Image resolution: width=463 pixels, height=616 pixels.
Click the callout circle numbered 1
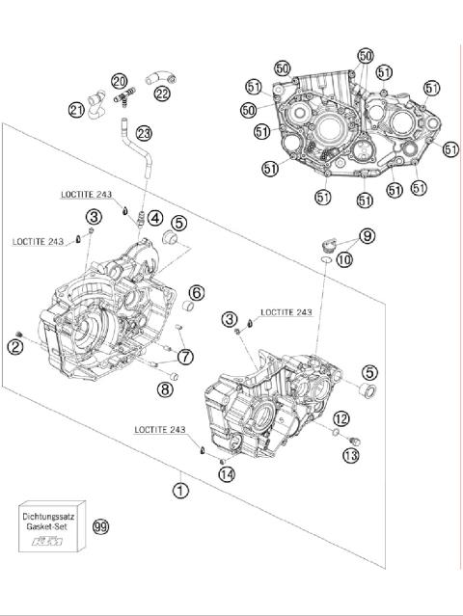pos(180,490)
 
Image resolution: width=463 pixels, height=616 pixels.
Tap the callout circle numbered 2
pos(16,346)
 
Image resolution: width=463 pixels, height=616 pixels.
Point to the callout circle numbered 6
pos(196,292)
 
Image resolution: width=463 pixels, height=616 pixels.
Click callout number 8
pos(165,389)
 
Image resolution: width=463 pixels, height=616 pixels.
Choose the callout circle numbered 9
pos(368,235)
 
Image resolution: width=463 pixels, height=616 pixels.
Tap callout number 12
pos(341,417)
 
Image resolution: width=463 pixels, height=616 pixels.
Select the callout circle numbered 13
pos(351,454)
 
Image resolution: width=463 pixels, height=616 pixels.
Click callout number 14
pos(226,473)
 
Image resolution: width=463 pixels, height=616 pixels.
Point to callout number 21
pos(77,111)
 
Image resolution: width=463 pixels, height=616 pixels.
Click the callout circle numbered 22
pos(161,94)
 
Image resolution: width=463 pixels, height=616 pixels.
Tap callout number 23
pos(144,133)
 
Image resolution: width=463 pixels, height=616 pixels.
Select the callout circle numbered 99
pos(100,526)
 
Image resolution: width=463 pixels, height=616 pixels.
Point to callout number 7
pos(185,357)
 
